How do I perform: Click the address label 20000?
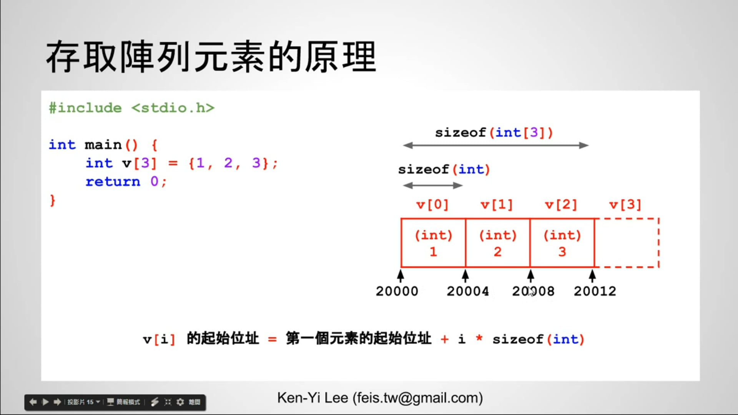coord(397,291)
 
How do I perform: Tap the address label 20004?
coord(468,291)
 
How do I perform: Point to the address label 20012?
coord(595,291)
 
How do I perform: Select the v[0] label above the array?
coord(432,205)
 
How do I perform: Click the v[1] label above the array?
coord(497,205)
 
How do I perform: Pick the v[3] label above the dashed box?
coord(625,205)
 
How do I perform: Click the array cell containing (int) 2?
coord(497,243)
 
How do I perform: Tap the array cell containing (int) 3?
coord(562,243)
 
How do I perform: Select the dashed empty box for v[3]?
coord(627,243)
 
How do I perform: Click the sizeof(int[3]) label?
coord(494,133)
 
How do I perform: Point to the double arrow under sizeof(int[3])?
coord(495,145)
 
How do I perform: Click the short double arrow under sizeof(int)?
coord(433,186)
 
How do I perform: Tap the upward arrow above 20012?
coord(592,276)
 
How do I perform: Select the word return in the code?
coord(113,181)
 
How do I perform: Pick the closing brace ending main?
coord(53,201)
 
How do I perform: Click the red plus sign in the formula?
coord(445,339)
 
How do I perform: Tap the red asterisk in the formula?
coord(479,339)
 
